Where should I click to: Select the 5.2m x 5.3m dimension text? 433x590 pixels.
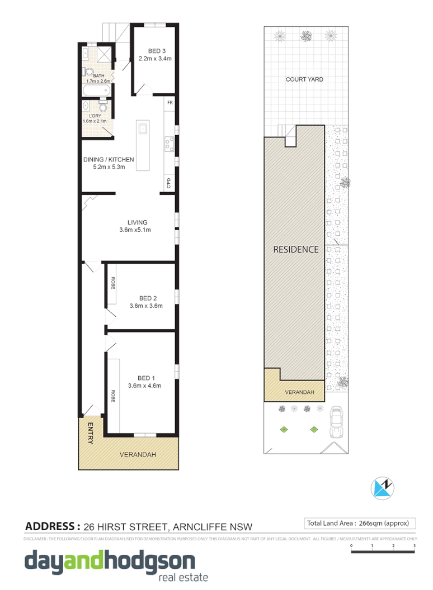[109, 167]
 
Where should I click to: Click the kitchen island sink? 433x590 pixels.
[143, 129]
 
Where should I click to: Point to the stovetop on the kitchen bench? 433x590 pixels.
[168, 145]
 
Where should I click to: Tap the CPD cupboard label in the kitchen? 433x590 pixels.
[168, 183]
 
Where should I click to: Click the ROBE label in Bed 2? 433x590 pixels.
[112, 283]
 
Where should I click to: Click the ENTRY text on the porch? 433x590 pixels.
[90, 433]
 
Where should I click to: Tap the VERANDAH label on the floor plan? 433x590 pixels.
[138, 455]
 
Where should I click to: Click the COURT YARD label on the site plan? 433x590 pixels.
[304, 79]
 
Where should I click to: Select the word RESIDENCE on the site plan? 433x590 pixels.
[295, 249]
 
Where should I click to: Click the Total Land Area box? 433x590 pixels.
[359, 524]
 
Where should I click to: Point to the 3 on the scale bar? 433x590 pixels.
[414, 545]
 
